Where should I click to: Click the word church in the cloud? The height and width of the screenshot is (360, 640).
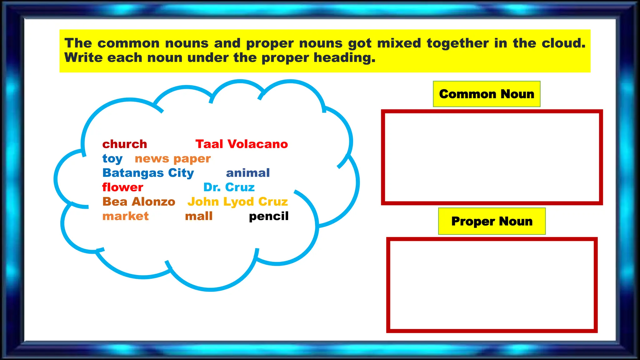point(125,144)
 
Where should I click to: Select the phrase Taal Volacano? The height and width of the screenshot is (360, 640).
point(242,144)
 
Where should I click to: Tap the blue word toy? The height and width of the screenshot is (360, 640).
point(112,159)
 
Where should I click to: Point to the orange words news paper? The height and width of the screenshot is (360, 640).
point(173,159)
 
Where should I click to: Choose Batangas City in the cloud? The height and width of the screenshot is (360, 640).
point(148,173)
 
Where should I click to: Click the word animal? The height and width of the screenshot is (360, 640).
point(248,173)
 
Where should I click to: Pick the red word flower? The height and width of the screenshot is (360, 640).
point(122,187)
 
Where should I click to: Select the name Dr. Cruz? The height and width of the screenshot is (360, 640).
point(229,187)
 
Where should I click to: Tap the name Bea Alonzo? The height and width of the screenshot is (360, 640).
point(139,202)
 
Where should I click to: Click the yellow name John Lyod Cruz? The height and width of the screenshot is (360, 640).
point(237,202)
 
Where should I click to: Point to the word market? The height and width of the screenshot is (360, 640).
point(126,216)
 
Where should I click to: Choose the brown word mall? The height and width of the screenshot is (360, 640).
point(199,216)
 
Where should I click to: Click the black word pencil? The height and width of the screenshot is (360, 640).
point(269,216)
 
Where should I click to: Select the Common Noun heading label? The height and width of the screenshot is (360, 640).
point(487,94)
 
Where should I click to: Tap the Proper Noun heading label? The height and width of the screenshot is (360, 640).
point(492,221)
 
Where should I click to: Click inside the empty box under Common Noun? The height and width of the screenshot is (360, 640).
point(492,157)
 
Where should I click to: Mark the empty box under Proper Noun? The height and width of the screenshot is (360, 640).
point(492,285)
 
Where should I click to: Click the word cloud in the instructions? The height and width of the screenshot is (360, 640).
point(563,43)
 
